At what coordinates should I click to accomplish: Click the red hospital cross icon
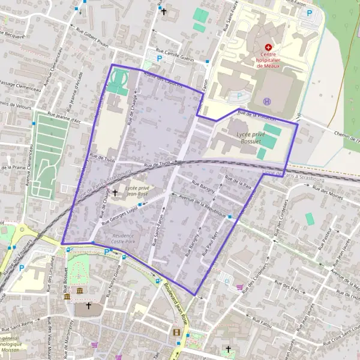point(268,46)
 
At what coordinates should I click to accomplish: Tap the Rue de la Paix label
point(238,182)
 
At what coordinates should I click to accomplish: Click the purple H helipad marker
point(267,101)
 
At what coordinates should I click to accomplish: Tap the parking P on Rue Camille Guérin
point(159,58)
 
